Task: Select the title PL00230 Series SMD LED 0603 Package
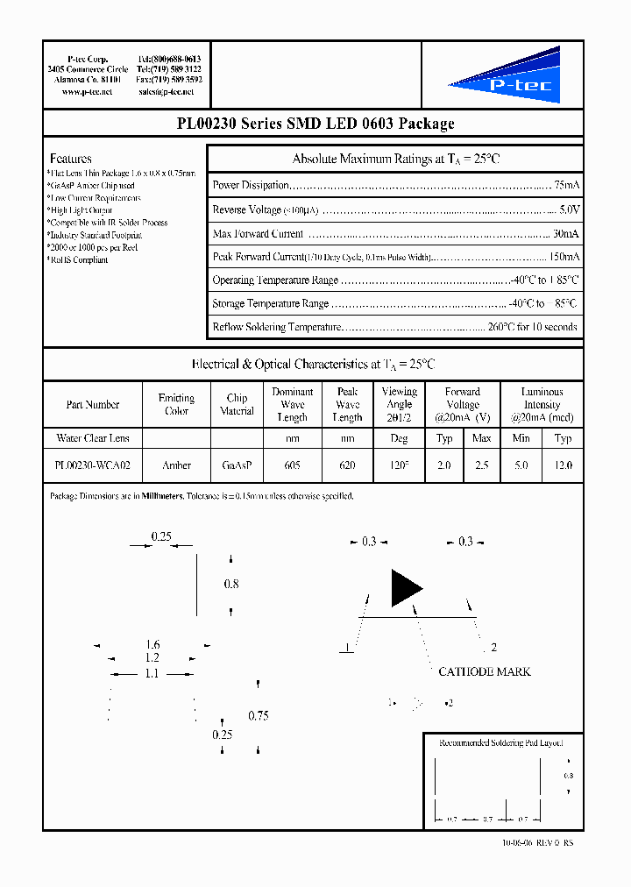click(315, 124)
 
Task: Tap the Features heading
click(71, 159)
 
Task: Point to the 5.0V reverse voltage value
click(569, 210)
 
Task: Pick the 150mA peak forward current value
click(564, 257)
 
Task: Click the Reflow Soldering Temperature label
click(275, 327)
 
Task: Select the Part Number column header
click(92, 404)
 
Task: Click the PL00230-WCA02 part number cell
click(92, 465)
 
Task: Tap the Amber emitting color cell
click(176, 465)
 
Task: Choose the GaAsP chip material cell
click(237, 465)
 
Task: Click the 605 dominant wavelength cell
click(292, 465)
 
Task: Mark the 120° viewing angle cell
click(400, 465)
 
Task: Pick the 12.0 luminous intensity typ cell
click(564, 465)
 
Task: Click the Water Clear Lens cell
click(92, 437)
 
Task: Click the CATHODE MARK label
click(484, 671)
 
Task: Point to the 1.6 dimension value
click(153, 645)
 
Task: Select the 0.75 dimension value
click(258, 715)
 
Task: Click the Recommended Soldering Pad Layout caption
click(500, 742)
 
